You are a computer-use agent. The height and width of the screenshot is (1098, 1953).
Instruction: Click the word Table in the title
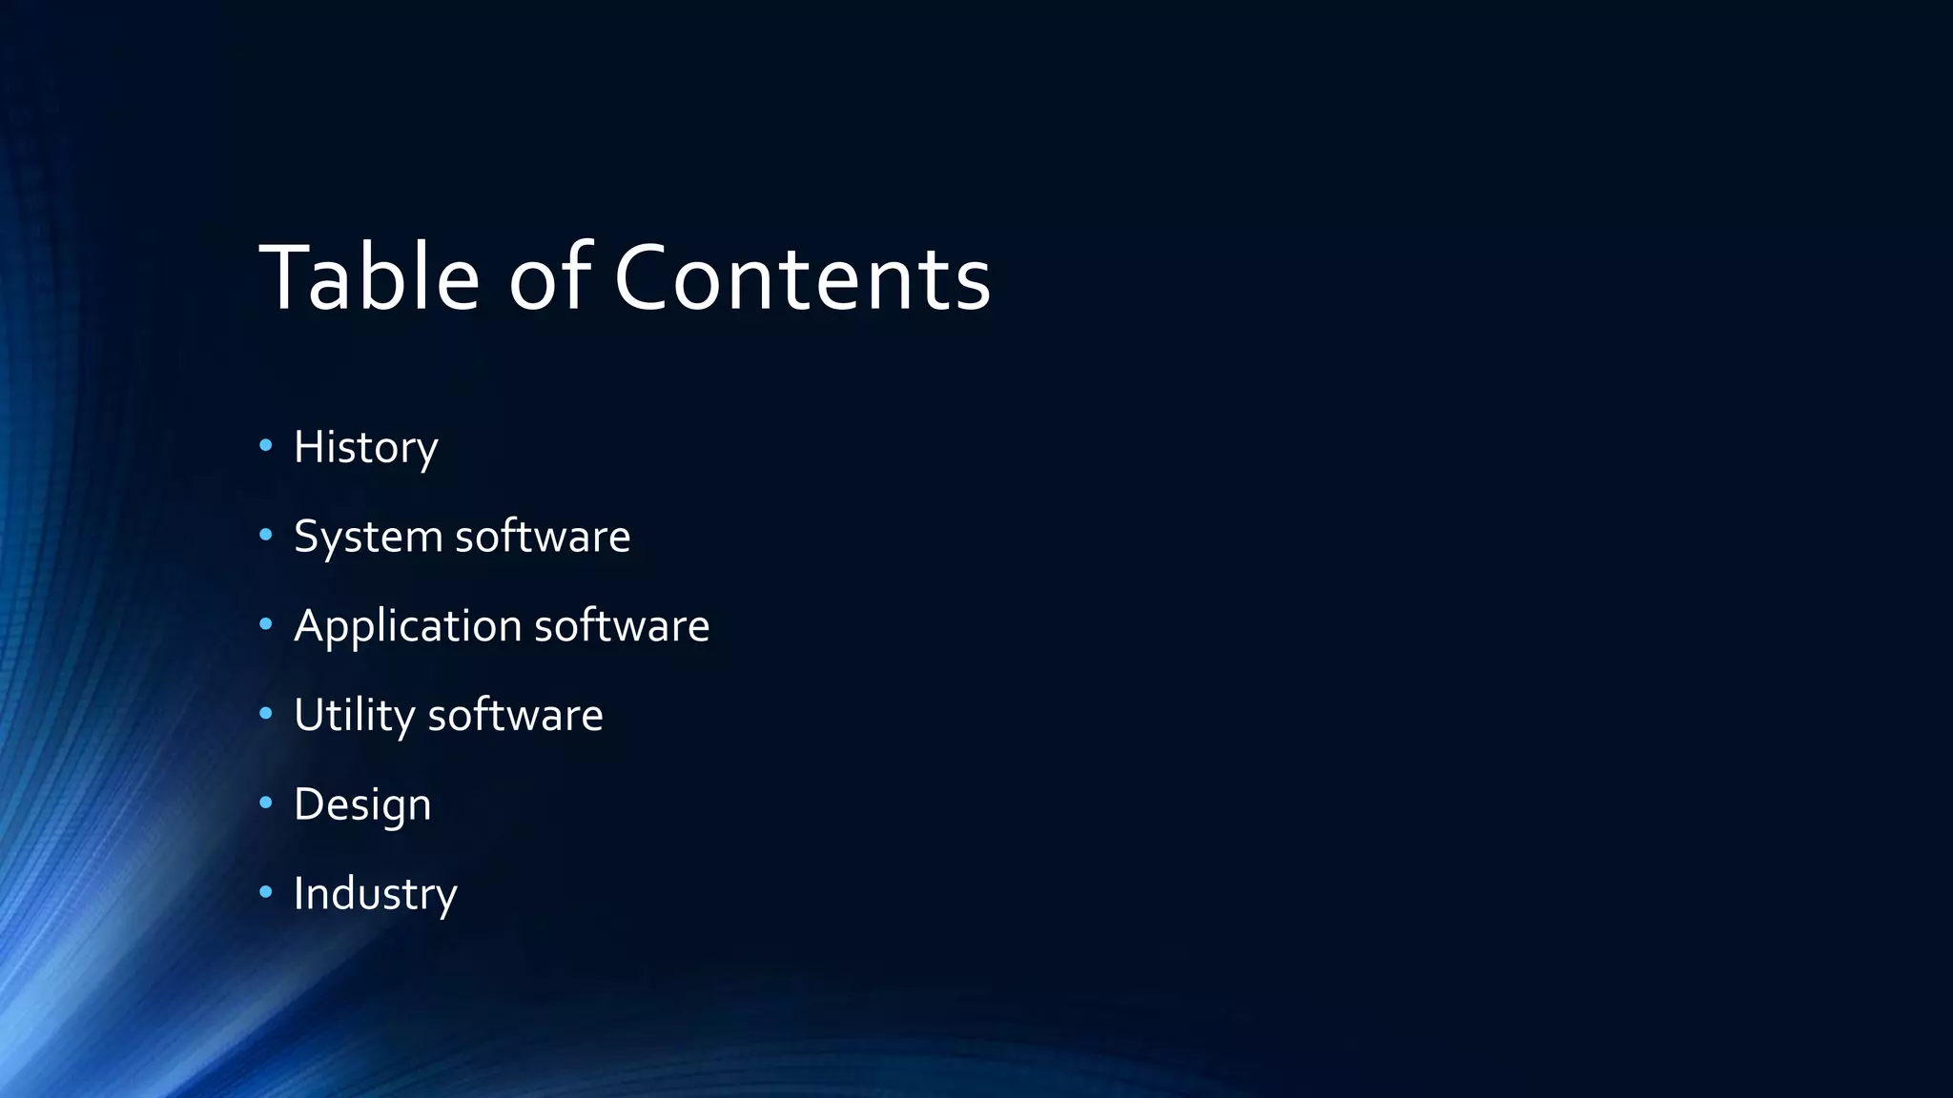pyautogui.click(x=369, y=277)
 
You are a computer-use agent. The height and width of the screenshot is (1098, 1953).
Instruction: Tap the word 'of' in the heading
pyautogui.click(x=550, y=277)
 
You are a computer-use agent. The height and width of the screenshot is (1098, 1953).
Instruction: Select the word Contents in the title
pyautogui.click(x=802, y=277)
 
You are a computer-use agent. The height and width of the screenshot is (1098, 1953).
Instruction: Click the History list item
pyautogui.click(x=365, y=447)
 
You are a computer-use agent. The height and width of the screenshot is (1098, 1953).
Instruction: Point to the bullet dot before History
pyautogui.click(x=266, y=445)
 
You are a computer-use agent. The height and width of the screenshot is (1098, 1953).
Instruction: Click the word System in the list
pyautogui.click(x=368, y=537)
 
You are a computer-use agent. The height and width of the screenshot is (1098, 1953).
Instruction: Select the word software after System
pyautogui.click(x=543, y=537)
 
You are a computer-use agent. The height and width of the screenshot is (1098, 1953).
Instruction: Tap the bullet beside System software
pyautogui.click(x=266, y=535)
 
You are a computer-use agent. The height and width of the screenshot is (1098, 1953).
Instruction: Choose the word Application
pyautogui.click(x=407, y=626)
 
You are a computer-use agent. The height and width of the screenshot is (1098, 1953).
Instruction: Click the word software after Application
pyautogui.click(x=622, y=626)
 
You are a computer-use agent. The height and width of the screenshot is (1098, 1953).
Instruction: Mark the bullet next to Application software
pyautogui.click(x=266, y=624)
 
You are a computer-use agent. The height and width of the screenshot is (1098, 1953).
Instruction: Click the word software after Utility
pyautogui.click(x=515, y=716)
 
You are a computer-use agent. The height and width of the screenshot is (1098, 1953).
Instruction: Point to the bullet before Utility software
pyautogui.click(x=266, y=713)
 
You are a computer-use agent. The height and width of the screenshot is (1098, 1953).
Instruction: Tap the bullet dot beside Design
pyautogui.click(x=266, y=803)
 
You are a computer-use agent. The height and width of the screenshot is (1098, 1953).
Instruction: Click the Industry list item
pyautogui.click(x=375, y=894)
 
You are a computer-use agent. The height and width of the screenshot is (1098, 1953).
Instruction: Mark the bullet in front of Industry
pyautogui.click(x=266, y=892)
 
